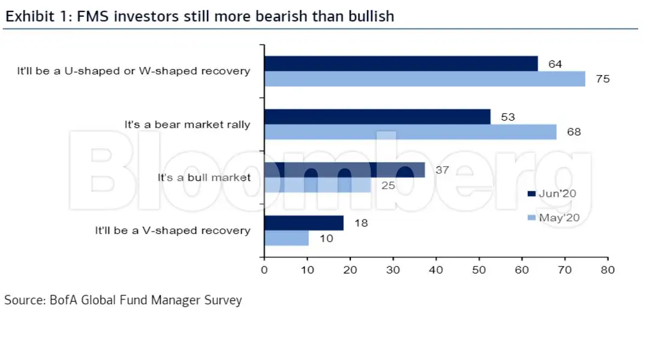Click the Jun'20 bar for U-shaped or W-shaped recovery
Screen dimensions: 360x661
401,64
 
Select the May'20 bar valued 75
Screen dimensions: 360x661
424,79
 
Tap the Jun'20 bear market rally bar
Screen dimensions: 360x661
377,116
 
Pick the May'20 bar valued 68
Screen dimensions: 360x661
410,131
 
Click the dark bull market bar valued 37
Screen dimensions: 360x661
344,170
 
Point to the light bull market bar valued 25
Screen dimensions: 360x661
318,185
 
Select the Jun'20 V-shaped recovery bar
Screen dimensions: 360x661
304,223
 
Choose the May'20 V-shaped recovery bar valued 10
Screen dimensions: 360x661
286,238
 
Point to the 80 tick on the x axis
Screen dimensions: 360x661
608,269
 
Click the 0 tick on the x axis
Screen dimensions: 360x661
264,269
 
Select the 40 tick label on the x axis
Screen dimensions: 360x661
436,269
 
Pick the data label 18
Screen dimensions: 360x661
360,223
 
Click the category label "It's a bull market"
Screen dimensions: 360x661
204,178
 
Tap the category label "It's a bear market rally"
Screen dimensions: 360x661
187,125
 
